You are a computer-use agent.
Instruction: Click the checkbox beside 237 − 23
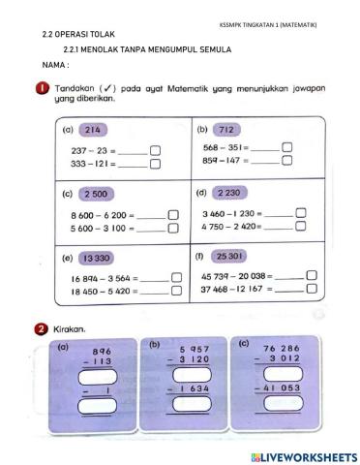pyautogui.click(x=156, y=150)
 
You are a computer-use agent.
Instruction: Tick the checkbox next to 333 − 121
pyautogui.click(x=156, y=164)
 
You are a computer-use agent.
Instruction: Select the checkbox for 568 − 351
pyautogui.click(x=286, y=147)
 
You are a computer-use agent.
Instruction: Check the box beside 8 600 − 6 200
pyautogui.click(x=173, y=214)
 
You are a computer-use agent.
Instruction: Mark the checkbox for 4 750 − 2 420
pyautogui.click(x=300, y=227)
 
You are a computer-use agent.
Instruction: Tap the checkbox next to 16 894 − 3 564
pyautogui.click(x=177, y=278)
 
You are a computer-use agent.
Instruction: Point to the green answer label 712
pyautogui.click(x=227, y=128)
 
